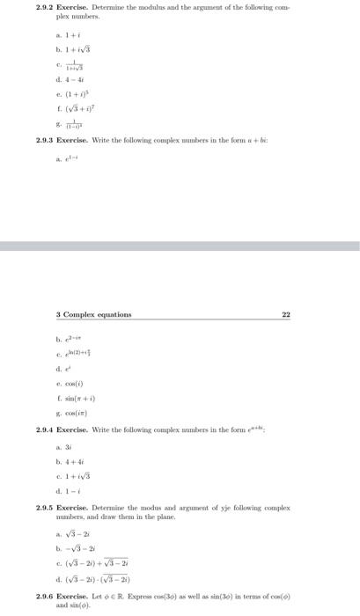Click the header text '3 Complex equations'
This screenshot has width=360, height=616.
tap(92, 314)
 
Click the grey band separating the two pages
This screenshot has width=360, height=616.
tap(180, 246)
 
